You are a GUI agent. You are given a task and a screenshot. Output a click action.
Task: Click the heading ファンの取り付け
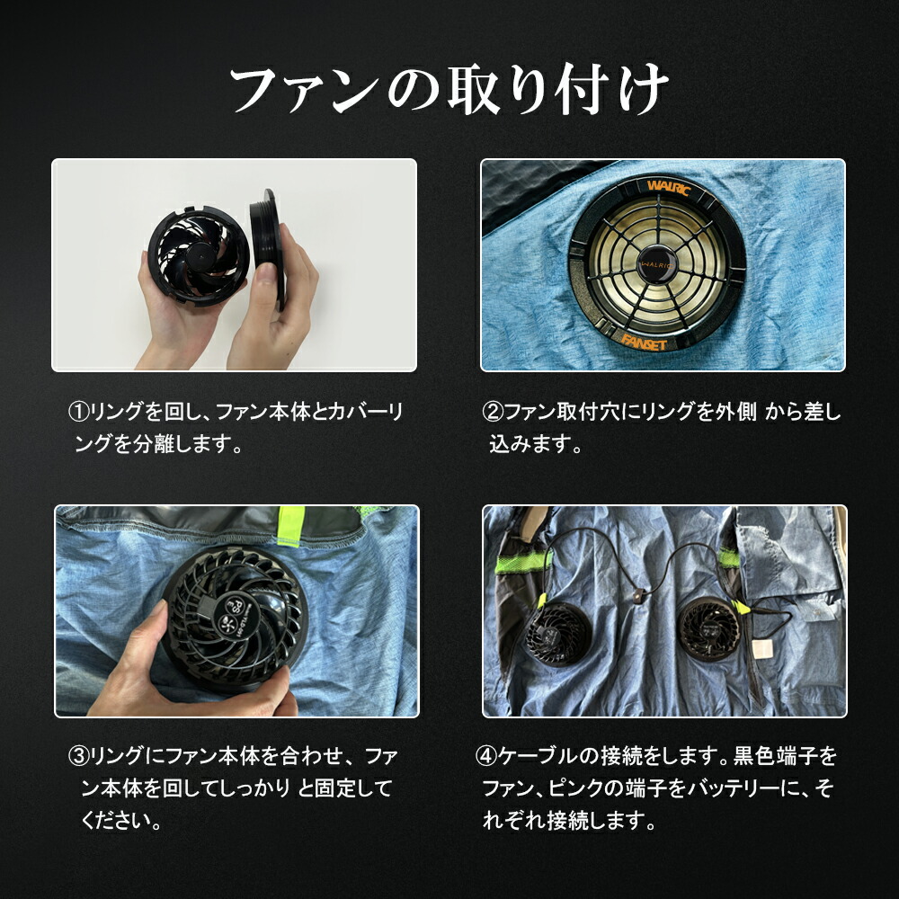[449, 91]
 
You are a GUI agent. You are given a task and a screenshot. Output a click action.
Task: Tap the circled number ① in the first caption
[78, 413]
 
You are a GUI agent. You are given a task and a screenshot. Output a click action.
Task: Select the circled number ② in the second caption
[492, 413]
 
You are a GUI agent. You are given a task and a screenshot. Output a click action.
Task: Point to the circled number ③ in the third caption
[78, 756]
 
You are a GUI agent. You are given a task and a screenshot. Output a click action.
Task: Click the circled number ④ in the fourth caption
[485, 756]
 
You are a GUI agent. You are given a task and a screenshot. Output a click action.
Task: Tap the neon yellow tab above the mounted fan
[289, 526]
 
